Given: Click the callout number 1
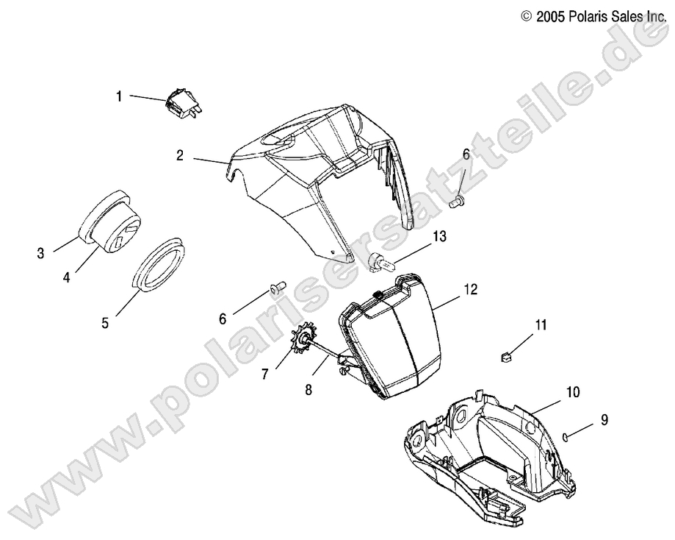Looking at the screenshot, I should [x=118, y=96].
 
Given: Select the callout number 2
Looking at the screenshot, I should [x=179, y=155].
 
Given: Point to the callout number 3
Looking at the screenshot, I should [x=40, y=254].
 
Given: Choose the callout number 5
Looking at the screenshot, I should [x=104, y=322].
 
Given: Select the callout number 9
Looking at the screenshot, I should [x=604, y=420].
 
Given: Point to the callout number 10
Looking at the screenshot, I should [x=573, y=394].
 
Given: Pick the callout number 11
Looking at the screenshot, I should [x=541, y=324].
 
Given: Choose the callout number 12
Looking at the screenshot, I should [x=470, y=290].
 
